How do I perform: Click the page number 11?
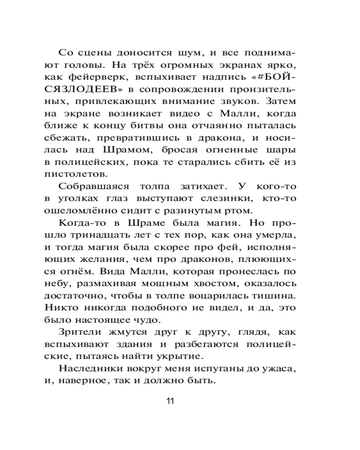(170, 401)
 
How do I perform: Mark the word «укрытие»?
(181, 358)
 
